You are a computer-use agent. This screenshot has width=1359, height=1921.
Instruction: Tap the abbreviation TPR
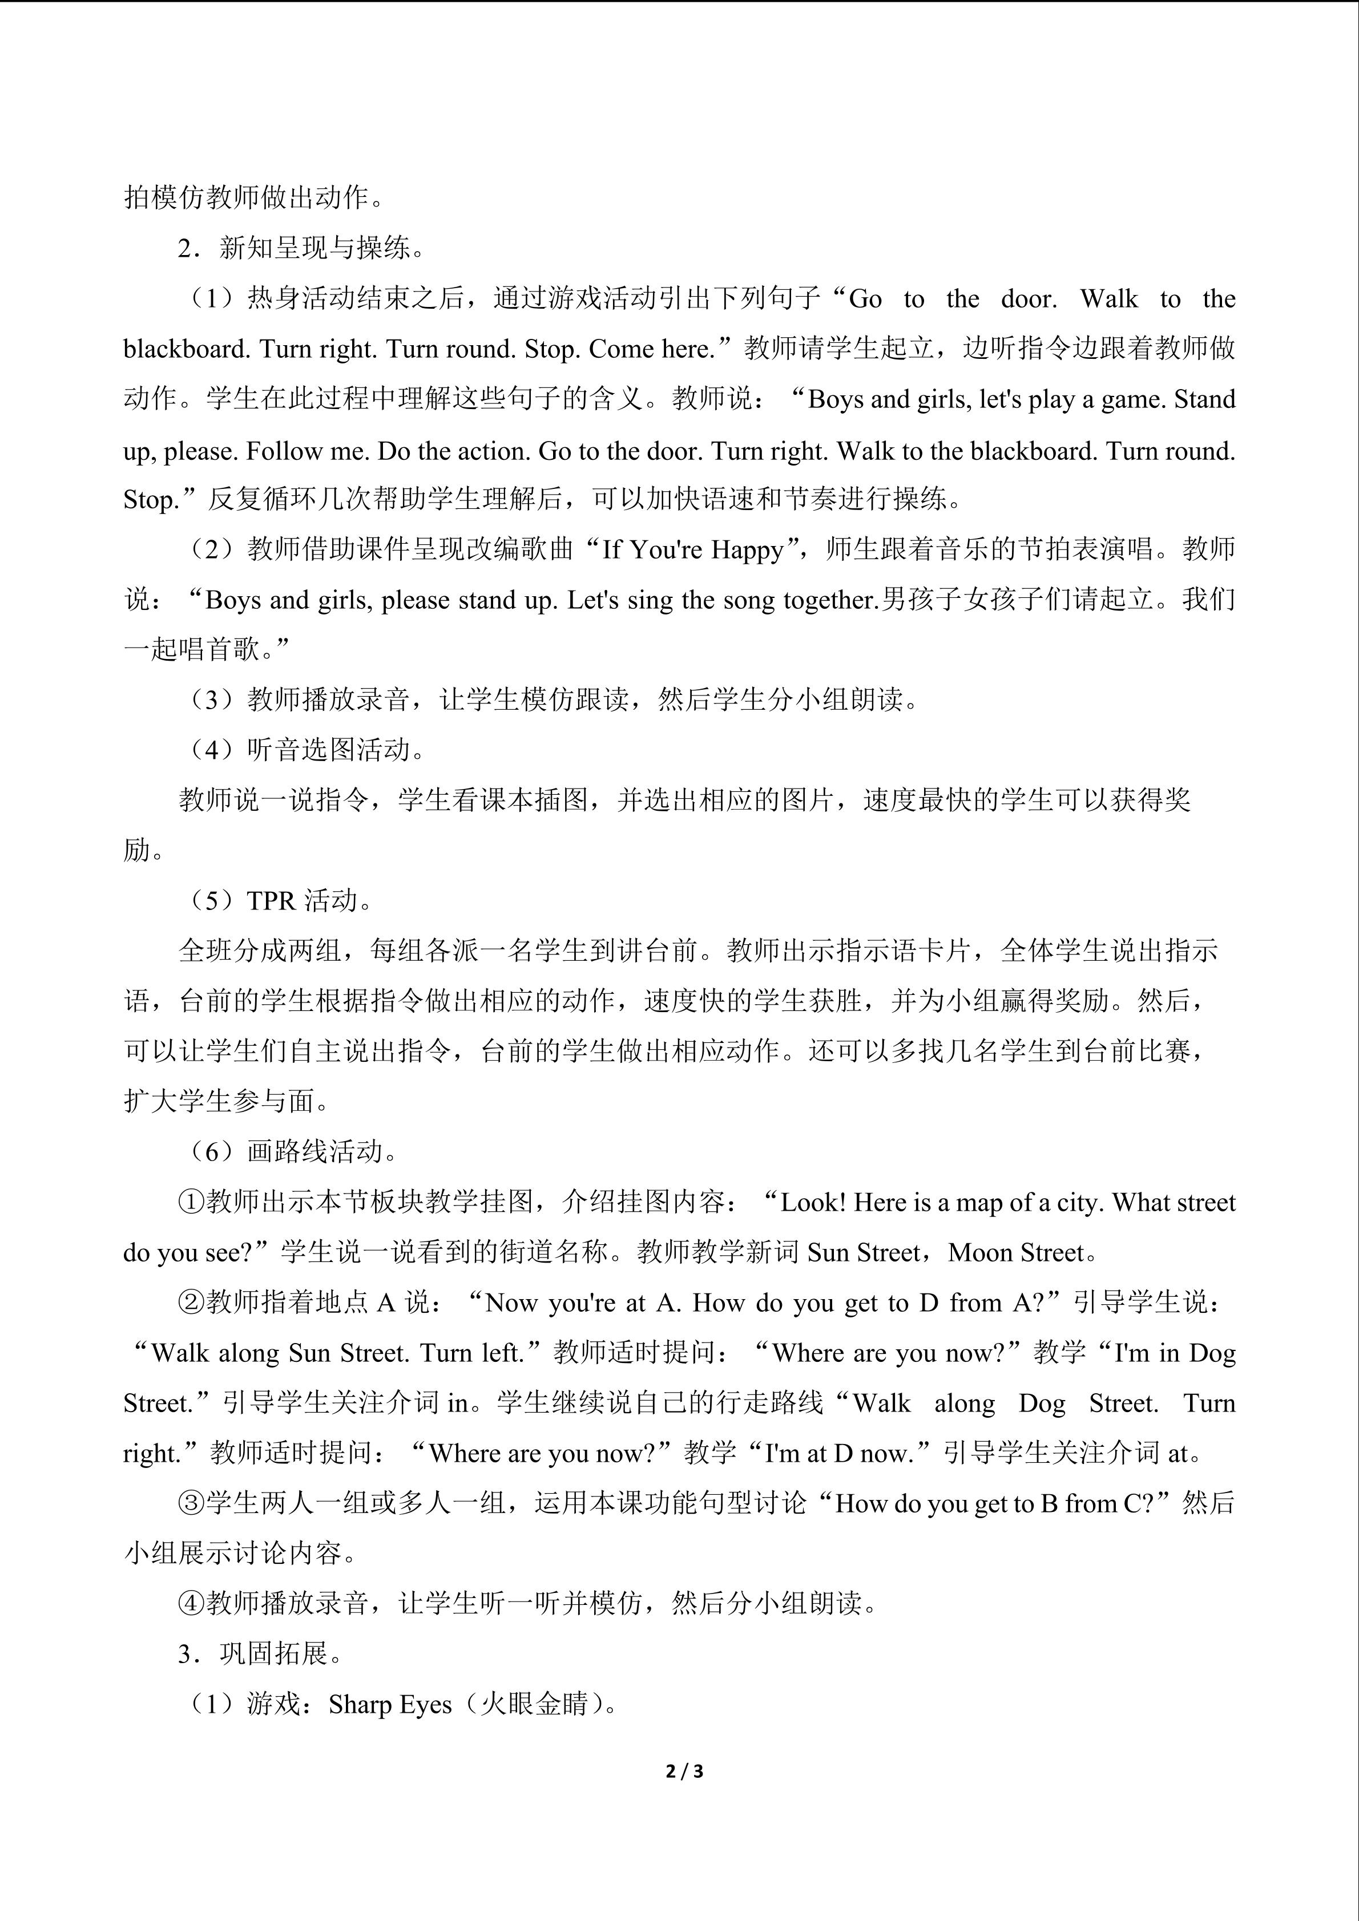pos(271,901)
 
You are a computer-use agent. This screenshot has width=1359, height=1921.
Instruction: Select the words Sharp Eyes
pos(390,1704)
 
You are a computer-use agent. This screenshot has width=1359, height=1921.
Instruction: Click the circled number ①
pos(192,1202)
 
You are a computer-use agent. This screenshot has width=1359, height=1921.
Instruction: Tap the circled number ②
pos(192,1303)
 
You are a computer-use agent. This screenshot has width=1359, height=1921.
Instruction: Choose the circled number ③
pos(192,1503)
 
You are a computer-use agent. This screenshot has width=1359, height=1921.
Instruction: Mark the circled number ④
pos(192,1603)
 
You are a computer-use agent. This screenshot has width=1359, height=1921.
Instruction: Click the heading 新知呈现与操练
pos(314,249)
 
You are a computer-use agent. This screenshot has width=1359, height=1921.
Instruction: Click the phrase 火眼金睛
pos(534,1704)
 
